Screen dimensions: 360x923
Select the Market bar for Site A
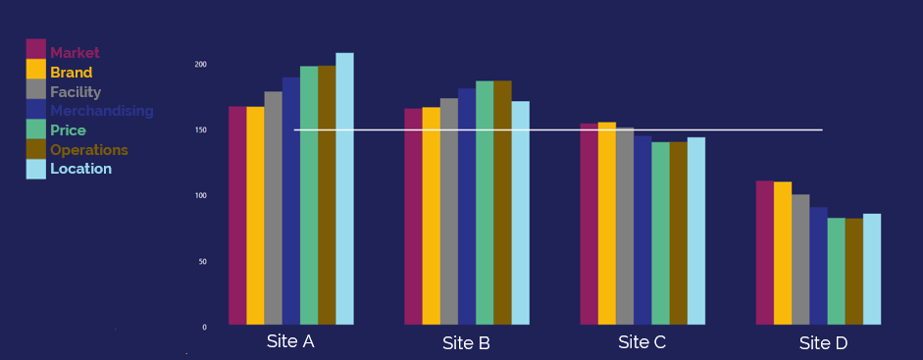click(237, 215)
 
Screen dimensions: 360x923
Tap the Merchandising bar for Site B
click(466, 206)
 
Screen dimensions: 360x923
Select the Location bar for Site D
click(871, 269)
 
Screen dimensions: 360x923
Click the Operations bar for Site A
click(327, 195)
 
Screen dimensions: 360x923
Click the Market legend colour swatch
click(36, 49)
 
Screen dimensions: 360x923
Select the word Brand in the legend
click(72, 73)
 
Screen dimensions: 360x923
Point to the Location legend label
click(80, 169)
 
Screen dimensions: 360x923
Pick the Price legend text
click(69, 130)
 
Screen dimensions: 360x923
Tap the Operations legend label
click(89, 150)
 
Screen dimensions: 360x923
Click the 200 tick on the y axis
click(201, 65)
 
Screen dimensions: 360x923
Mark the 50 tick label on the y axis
click(203, 262)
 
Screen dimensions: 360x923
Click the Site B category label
click(466, 343)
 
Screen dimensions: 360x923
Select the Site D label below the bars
click(823, 343)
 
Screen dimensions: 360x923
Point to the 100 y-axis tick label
click(201, 196)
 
